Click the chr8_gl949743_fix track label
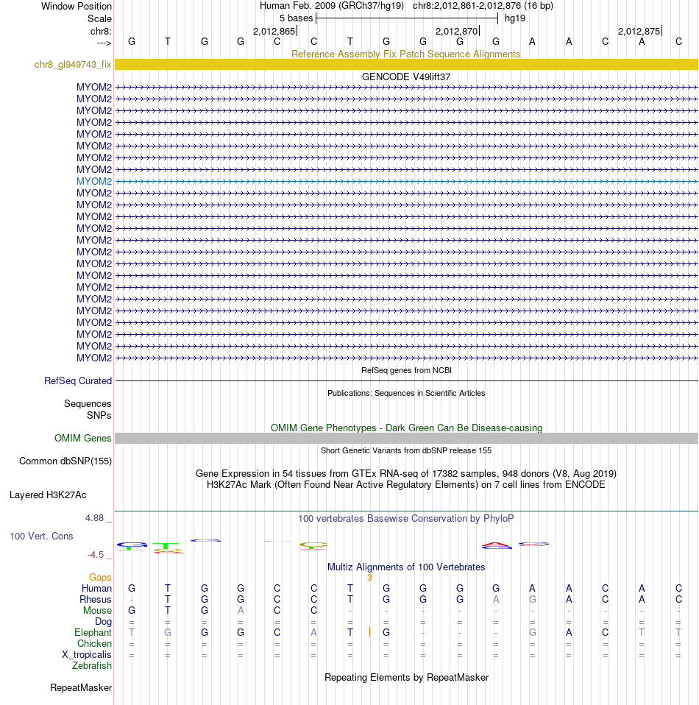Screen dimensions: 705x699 [73, 65]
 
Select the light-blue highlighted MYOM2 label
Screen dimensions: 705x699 [94, 181]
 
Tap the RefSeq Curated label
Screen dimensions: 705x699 [78, 381]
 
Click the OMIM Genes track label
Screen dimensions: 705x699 [83, 439]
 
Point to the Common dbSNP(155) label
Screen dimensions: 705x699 [65, 461]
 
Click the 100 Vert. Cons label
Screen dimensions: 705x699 [41, 536]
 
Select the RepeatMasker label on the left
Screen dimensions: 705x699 [81, 688]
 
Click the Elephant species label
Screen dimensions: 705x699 [93, 633]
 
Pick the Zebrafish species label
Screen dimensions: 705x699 [92, 666]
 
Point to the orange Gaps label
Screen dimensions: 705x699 [100, 578]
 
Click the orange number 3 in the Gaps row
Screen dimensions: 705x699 [369, 578]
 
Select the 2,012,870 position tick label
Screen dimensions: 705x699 [456, 32]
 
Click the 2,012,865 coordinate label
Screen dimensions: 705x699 [274, 32]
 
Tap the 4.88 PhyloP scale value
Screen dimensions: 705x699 [96, 518]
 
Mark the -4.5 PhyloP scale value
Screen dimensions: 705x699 [96, 555]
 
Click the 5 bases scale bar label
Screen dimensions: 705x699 [296, 18]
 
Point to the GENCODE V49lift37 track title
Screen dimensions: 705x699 [406, 77]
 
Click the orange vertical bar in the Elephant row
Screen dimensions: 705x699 [369, 632]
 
